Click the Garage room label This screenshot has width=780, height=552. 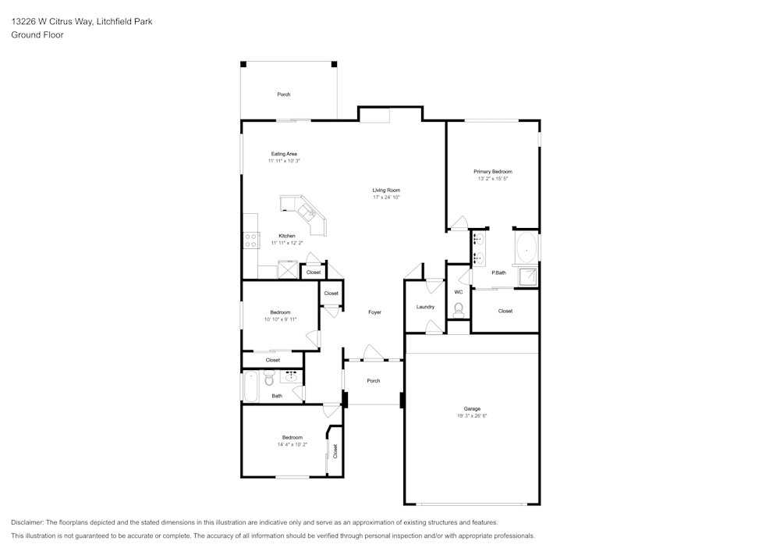472,408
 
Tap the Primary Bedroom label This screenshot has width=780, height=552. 493,171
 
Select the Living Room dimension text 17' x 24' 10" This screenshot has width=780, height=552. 386,198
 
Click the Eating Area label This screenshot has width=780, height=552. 284,154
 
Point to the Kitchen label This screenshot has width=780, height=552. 287,236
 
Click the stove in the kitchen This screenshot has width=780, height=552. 251,240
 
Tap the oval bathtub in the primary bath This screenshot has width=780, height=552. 526,248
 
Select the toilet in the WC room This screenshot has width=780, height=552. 459,309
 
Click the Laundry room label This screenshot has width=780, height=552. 425,307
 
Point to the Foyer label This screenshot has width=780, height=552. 374,312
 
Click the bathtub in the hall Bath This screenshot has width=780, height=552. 251,386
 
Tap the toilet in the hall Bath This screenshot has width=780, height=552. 269,379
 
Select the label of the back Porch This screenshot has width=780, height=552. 284,94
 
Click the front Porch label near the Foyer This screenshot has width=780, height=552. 374,381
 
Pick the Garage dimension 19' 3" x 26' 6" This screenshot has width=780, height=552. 472,416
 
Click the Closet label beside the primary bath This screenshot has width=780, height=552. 505,311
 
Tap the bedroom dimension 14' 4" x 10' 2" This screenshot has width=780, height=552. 292,445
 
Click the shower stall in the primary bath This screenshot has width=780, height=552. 528,276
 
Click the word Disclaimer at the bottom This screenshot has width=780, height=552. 28,522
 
